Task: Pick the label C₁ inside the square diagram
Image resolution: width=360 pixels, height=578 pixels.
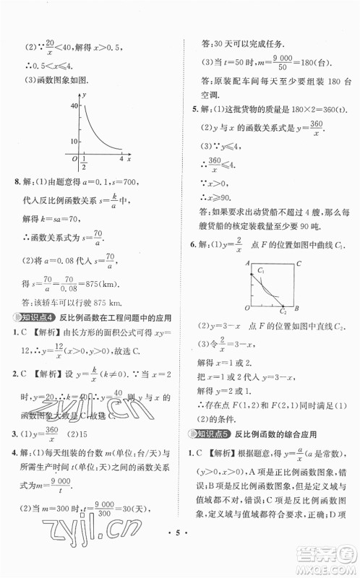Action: (x=253, y=270)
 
